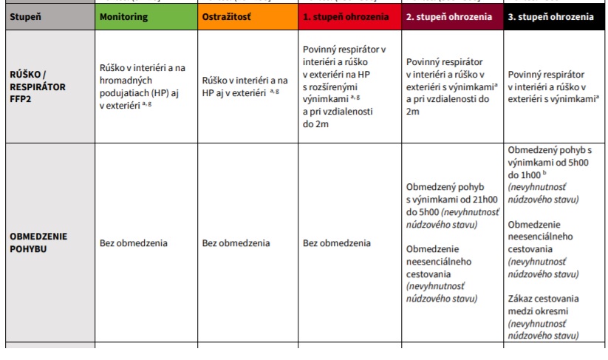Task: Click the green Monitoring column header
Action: (123, 16)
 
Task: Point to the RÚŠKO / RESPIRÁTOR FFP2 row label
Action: (38, 86)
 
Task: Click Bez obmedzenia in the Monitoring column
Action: (134, 243)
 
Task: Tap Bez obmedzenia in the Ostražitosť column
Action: (236, 243)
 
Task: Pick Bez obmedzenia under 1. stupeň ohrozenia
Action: (337, 243)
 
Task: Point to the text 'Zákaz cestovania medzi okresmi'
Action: (544, 305)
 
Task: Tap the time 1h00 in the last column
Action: (530, 176)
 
